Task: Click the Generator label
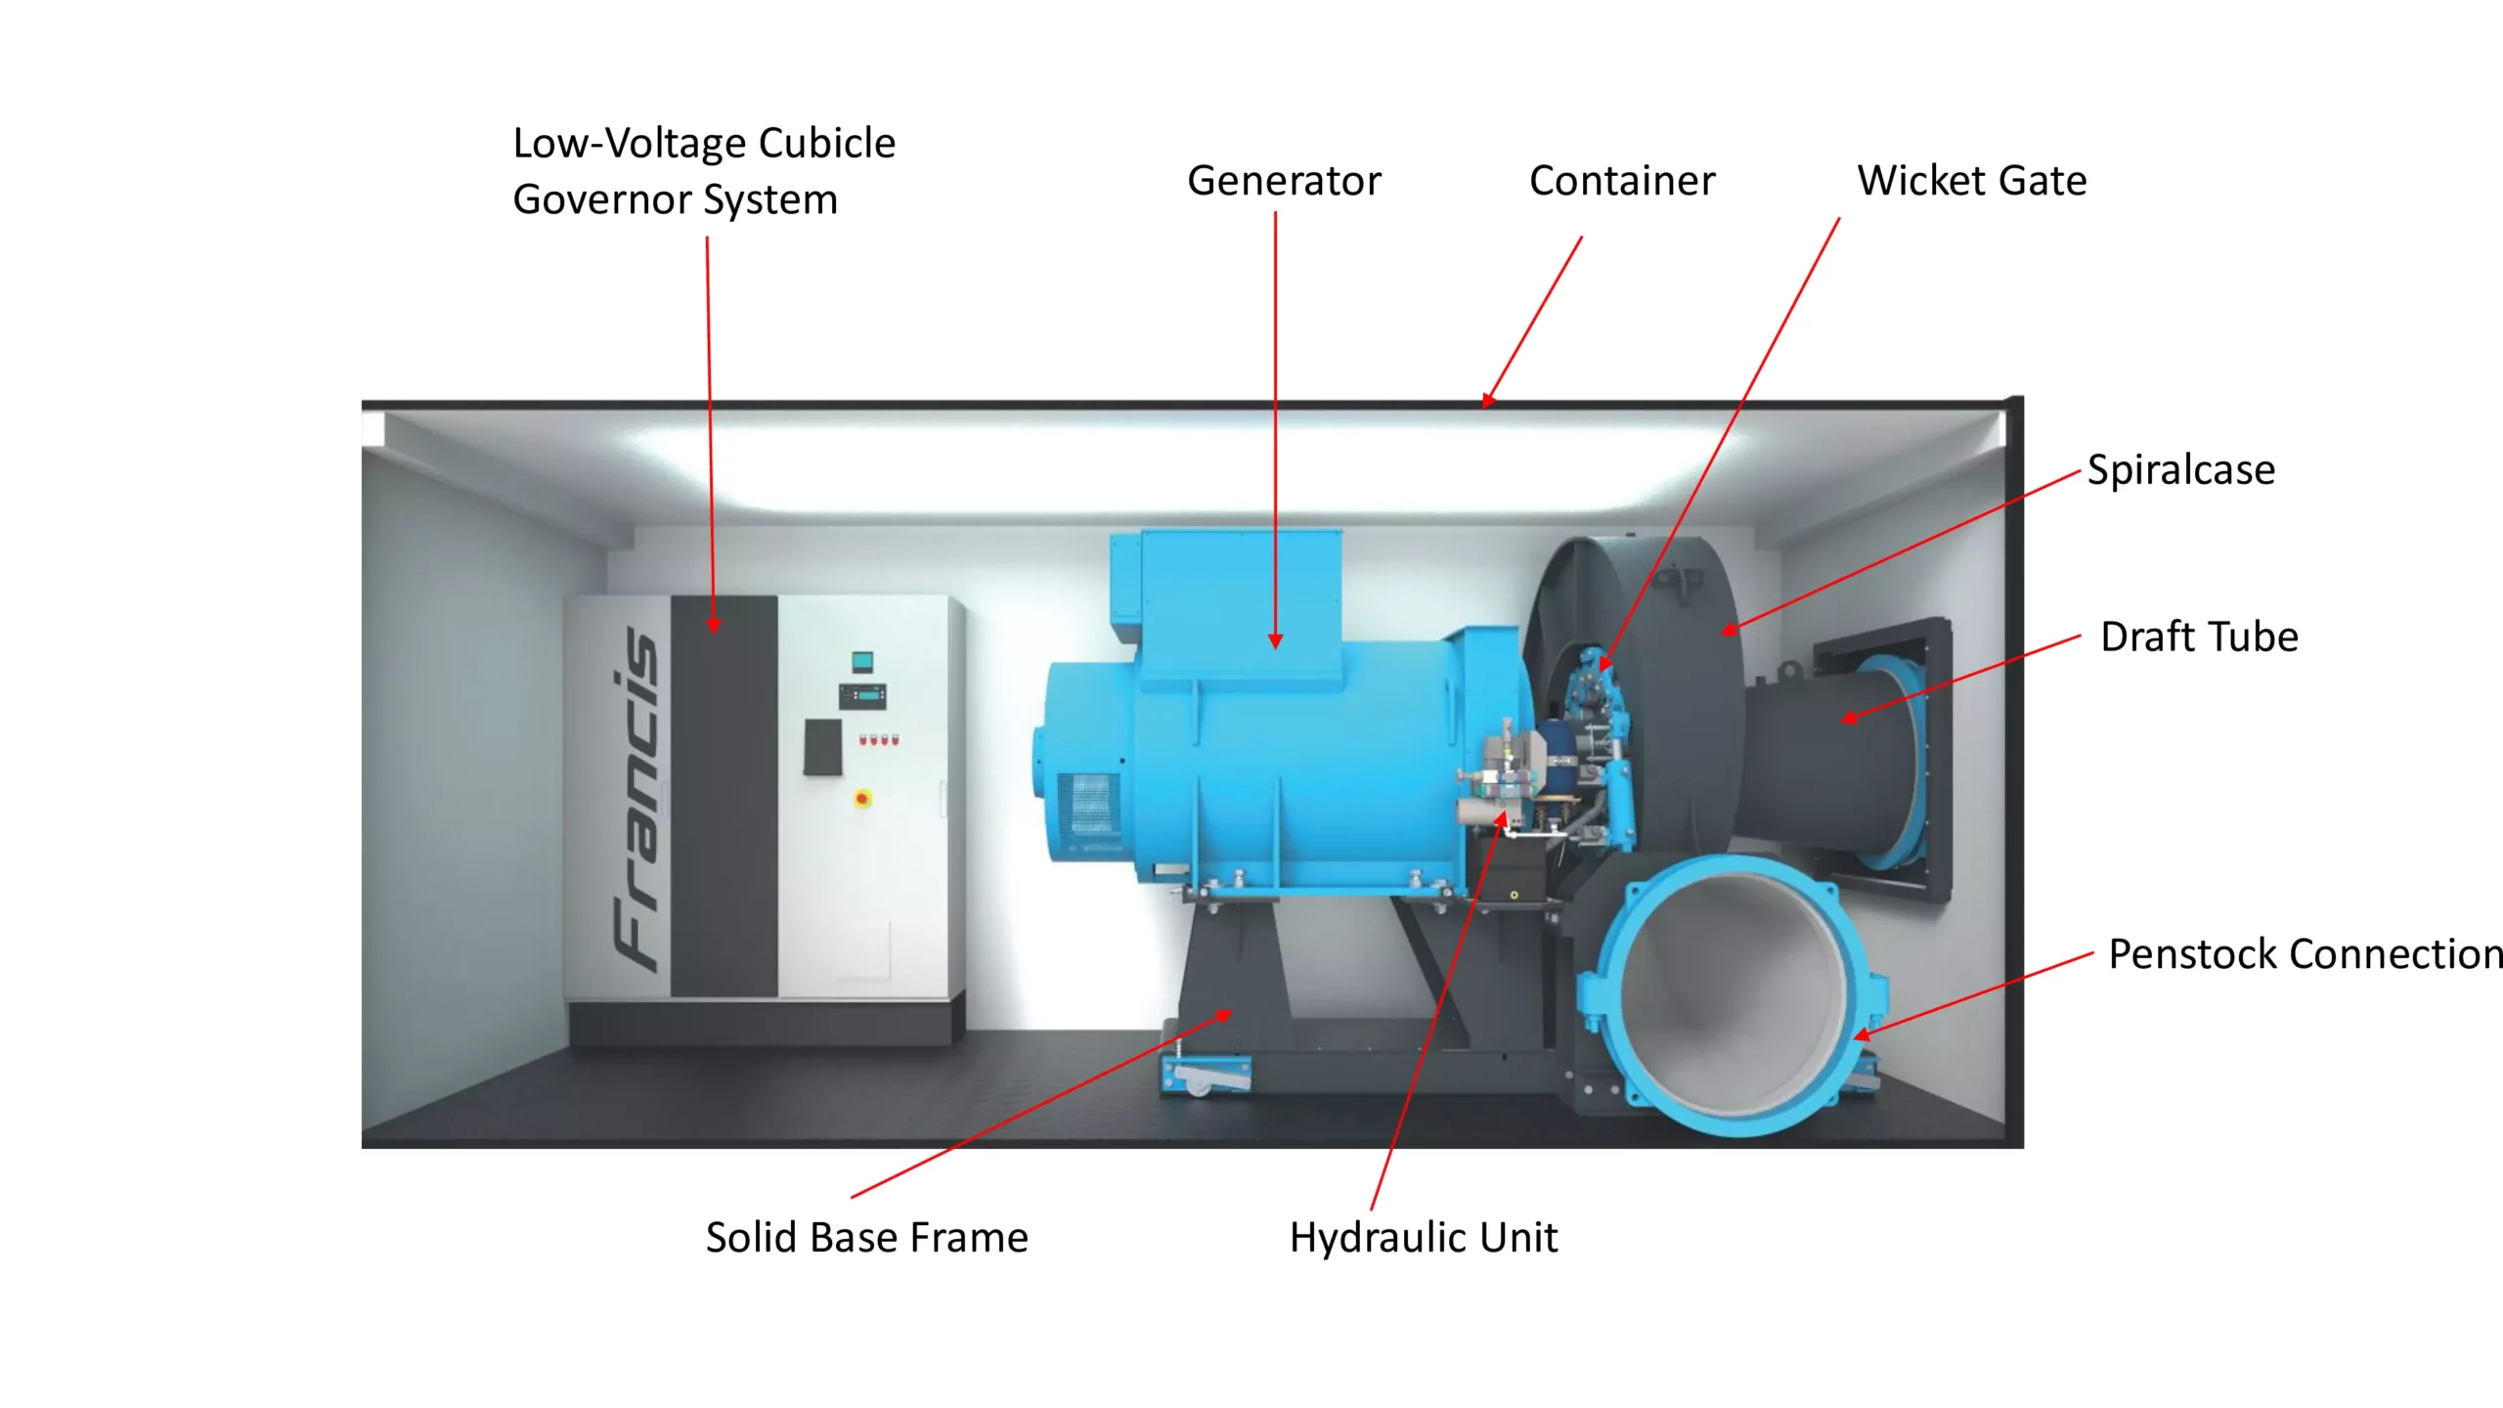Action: click(1283, 181)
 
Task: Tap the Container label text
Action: click(1621, 181)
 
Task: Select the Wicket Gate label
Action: click(1971, 181)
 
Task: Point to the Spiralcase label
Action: click(2180, 470)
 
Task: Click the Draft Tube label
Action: click(2199, 638)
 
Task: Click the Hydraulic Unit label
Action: click(1423, 1238)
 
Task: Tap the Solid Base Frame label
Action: click(866, 1238)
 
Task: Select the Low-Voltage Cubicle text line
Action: click(704, 144)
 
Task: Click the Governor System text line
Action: click(675, 200)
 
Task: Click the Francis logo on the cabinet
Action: click(635, 797)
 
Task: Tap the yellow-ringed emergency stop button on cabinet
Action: click(862, 799)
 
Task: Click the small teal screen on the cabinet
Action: click(861, 662)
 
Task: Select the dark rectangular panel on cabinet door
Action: click(822, 747)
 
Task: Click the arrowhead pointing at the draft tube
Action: click(1849, 719)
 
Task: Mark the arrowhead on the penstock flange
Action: click(1862, 1034)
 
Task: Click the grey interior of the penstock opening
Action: click(1731, 988)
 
